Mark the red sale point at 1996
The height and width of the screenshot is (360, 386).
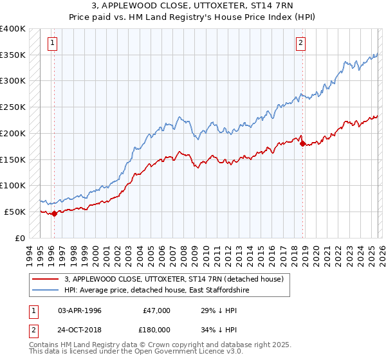55,213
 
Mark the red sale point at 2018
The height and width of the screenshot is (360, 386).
302,144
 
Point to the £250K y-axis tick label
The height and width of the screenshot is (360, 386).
13,107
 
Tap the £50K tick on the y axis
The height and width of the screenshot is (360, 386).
15,212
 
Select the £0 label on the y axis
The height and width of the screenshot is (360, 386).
20,238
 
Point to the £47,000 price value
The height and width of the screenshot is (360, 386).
156,310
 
